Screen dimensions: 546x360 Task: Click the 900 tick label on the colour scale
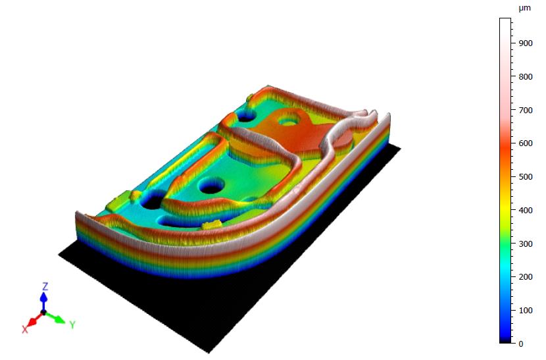pyautogui.click(x=526, y=43)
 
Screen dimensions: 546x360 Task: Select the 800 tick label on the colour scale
pyautogui.click(x=526, y=76)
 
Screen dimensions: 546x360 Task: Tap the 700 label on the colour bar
pyautogui.click(x=526, y=110)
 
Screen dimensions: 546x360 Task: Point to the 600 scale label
pyautogui.click(x=526, y=143)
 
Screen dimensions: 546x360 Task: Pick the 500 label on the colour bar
pyautogui.click(x=526, y=176)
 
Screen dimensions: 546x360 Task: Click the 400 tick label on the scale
pyautogui.click(x=526, y=210)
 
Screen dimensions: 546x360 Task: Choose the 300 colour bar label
pyautogui.click(x=526, y=244)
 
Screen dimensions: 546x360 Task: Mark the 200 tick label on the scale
pyautogui.click(x=526, y=276)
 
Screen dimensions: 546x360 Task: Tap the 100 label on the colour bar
pyautogui.click(x=526, y=310)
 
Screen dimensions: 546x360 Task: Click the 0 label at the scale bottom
pyautogui.click(x=520, y=344)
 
